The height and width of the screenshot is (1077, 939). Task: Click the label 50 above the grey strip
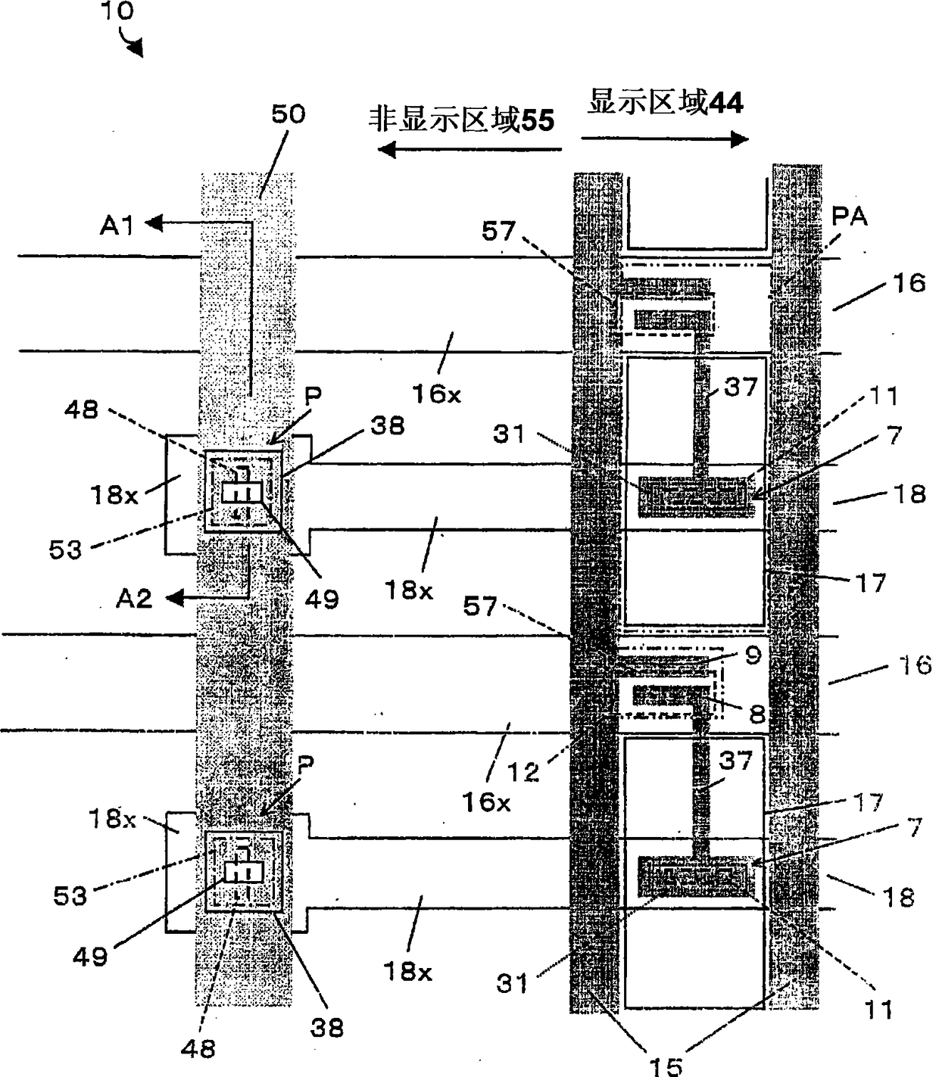(288, 114)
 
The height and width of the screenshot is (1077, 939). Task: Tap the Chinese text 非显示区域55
(461, 120)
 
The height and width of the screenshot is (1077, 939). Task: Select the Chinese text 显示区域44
(665, 102)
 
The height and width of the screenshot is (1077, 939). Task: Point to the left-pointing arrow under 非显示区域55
(469, 149)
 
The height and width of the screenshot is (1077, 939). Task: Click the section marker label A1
(117, 225)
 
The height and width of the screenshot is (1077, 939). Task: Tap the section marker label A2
(134, 599)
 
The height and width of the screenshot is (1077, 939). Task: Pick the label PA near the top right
(849, 217)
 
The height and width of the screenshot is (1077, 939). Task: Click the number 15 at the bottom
(666, 1065)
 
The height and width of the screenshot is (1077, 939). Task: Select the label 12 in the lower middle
(523, 772)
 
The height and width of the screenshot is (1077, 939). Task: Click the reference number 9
(752, 655)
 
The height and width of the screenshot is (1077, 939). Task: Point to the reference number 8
(757, 713)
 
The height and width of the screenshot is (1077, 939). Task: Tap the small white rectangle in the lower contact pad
(243, 872)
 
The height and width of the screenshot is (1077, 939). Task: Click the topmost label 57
(498, 231)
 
